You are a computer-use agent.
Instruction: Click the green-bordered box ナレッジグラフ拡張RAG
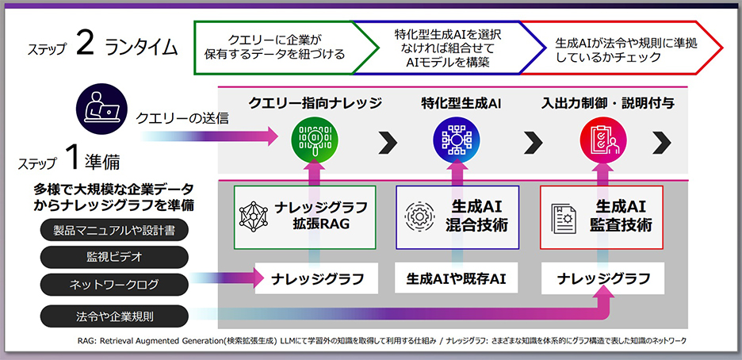(304, 216)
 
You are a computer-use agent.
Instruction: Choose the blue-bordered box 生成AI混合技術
(457, 216)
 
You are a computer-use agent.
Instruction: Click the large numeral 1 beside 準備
(71, 159)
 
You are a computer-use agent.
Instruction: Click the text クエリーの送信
(182, 119)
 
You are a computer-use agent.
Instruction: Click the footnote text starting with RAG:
(381, 340)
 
